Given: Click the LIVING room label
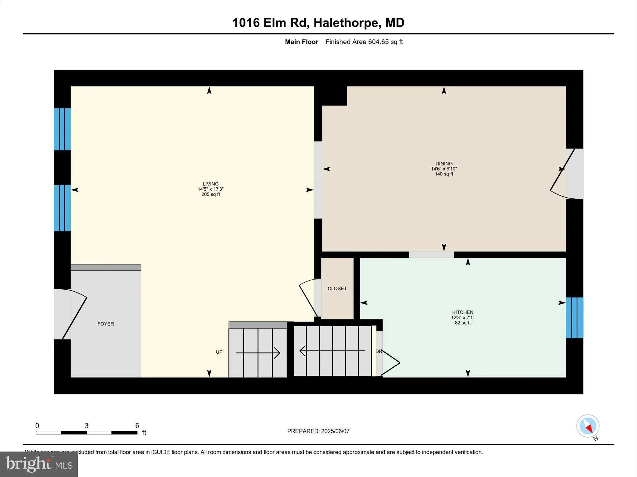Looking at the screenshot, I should [211, 184].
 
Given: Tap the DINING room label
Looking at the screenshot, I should [444, 164].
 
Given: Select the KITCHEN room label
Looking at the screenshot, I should [463, 312].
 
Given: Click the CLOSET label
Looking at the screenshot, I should [337, 288].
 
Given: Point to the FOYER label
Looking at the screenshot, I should [106, 324].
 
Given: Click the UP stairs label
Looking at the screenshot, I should [219, 352].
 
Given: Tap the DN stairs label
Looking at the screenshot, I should [379, 352].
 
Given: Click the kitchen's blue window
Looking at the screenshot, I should [574, 318].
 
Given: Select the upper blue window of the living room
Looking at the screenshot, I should [62, 129].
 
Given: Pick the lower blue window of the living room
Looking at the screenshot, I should [62, 208].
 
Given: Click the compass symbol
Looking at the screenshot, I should [588, 426].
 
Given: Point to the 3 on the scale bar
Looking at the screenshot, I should [86, 426].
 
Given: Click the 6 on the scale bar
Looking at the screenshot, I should [137, 426].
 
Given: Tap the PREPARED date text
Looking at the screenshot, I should [318, 431].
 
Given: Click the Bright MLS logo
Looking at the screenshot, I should [39, 464].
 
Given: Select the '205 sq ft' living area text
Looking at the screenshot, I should [211, 194].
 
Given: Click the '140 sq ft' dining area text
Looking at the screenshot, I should [444, 174].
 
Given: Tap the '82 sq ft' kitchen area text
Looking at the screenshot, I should [463, 323].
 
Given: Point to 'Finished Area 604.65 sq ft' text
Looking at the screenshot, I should [364, 42].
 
